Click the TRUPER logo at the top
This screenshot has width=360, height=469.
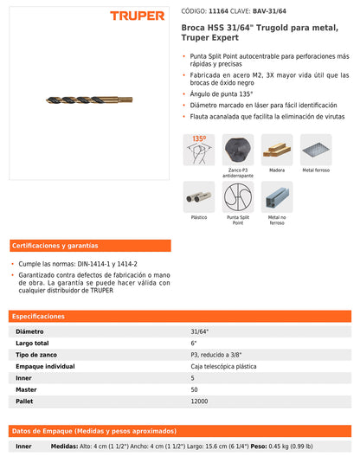pos(137,16)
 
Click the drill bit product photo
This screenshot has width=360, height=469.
pos(89,100)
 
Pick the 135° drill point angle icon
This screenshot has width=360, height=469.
pos(198,150)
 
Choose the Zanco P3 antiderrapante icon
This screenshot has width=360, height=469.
pos(237,150)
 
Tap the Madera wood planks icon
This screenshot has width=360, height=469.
pos(276,150)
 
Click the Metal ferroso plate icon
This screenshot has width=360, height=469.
pos(315,150)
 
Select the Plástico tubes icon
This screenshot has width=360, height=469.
pos(198,196)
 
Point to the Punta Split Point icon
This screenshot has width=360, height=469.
pos(237,196)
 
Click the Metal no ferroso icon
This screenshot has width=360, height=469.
pos(276,196)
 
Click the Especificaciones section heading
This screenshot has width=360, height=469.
pos(40,317)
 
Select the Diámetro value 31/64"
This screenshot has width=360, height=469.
pos(200,331)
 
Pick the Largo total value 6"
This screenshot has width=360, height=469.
pos(194,344)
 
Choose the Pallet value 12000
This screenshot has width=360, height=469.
pos(199,402)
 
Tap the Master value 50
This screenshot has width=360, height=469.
pos(194,390)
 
